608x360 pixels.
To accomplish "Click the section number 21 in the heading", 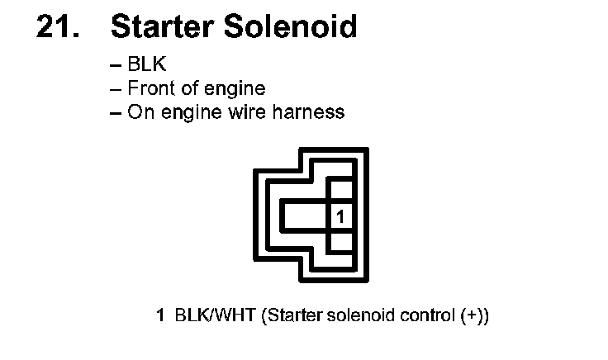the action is pyautogui.click(x=58, y=27).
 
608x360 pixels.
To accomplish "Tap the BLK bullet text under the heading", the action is pyautogui.click(x=147, y=65).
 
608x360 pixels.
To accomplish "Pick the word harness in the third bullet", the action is pyautogui.click(x=314, y=111).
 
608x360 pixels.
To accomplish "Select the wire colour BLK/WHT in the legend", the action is pyautogui.click(x=215, y=315).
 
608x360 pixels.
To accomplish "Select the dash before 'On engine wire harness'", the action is pyautogui.click(x=115, y=112).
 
